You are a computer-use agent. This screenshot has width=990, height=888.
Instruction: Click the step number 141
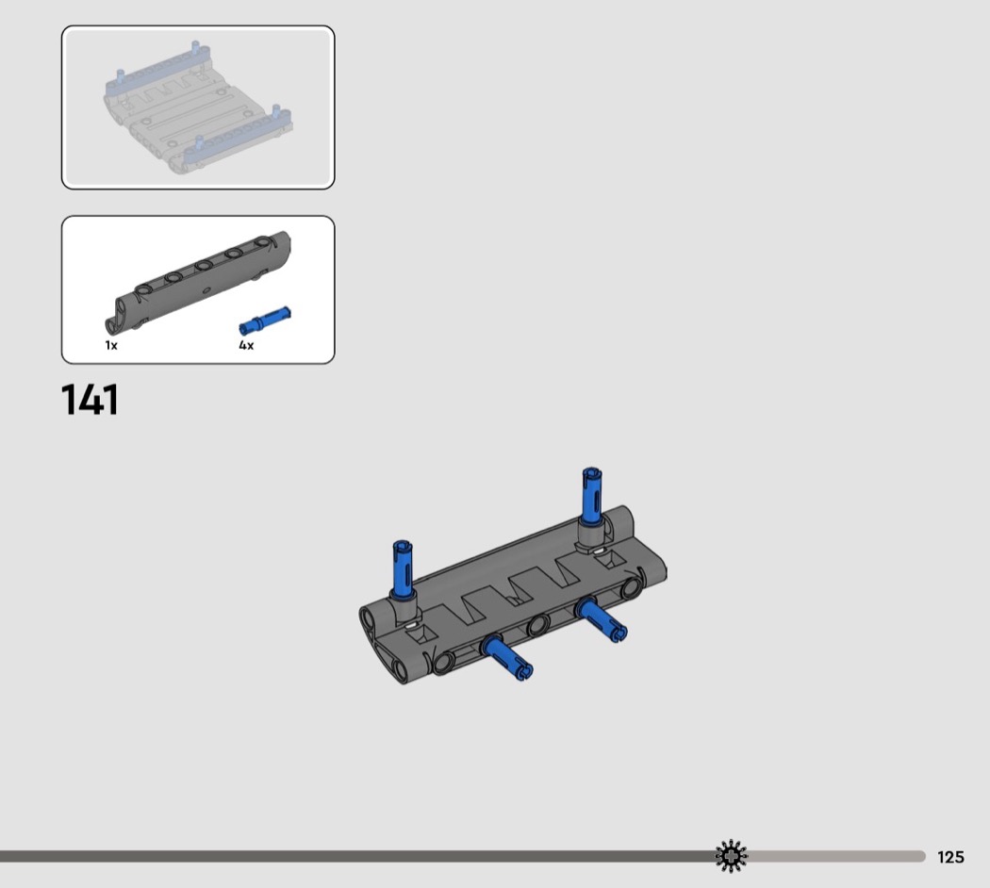[90, 400]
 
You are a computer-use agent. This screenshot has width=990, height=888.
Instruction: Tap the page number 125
[950, 857]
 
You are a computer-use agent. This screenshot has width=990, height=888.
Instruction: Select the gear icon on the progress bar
[731, 856]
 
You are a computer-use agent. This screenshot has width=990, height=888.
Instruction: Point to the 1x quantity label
[111, 345]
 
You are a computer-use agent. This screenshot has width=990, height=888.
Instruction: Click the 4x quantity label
[246, 345]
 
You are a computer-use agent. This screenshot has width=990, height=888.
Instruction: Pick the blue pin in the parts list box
[265, 320]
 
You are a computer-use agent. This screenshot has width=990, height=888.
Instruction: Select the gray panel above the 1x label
[198, 281]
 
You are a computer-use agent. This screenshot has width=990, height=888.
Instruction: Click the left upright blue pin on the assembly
[403, 568]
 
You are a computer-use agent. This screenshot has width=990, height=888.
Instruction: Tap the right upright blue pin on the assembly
[592, 496]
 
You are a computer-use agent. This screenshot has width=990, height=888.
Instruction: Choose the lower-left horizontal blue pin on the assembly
[507, 658]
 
